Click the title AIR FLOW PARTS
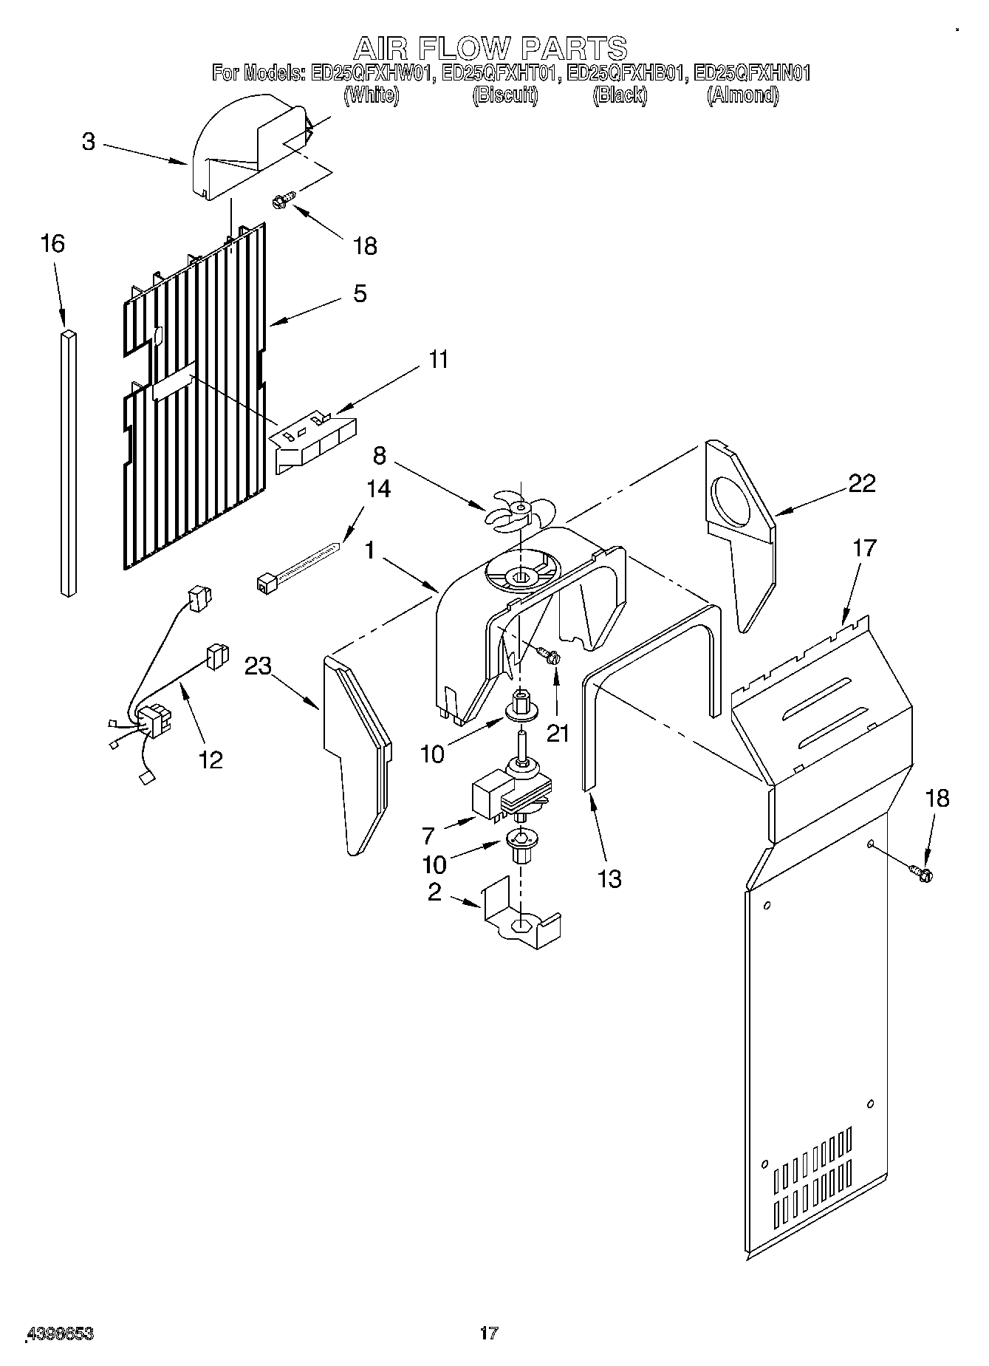click(x=490, y=49)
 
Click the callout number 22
click(x=861, y=483)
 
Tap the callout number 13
click(x=609, y=878)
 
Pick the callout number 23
click(x=259, y=666)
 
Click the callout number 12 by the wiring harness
click(x=211, y=759)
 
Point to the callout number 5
click(x=360, y=293)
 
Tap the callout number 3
click(x=89, y=141)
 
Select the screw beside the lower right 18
click(x=922, y=873)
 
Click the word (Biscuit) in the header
click(x=505, y=95)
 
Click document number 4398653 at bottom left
click(x=60, y=1334)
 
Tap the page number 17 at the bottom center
click(x=489, y=1333)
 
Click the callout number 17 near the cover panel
click(x=864, y=548)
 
